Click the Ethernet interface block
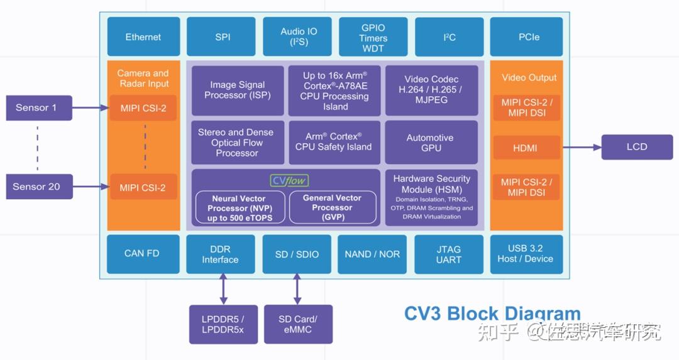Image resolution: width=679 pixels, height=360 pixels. click(x=143, y=37)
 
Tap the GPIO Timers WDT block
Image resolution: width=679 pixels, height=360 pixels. click(x=373, y=38)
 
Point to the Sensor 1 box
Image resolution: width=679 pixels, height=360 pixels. click(x=36, y=108)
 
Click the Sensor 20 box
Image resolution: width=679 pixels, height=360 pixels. click(x=36, y=187)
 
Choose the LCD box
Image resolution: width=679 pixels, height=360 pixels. click(x=636, y=147)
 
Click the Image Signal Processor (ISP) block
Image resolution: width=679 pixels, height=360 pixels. click(x=237, y=90)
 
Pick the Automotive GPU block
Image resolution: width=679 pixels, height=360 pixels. click(x=431, y=143)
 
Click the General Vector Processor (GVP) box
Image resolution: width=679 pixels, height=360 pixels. click(x=331, y=207)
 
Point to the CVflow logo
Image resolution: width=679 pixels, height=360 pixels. click(x=289, y=181)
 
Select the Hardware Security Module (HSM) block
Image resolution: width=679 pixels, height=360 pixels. click(x=431, y=197)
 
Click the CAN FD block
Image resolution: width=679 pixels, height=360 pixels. click(x=142, y=254)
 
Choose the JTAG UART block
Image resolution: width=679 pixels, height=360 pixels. click(x=448, y=254)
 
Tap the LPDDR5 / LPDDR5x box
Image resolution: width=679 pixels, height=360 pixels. click(x=223, y=324)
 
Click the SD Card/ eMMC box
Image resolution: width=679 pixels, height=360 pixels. click(x=297, y=324)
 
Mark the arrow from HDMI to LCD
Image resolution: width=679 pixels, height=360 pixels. click(x=582, y=148)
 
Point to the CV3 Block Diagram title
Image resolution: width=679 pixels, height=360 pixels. click(x=492, y=314)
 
